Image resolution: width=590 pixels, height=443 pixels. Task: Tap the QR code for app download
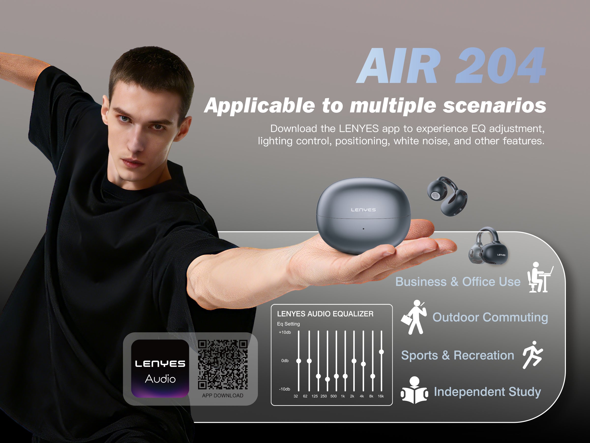(x=223, y=364)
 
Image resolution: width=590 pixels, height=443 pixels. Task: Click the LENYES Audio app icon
(x=160, y=368)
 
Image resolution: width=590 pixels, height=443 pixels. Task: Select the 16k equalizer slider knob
(x=382, y=352)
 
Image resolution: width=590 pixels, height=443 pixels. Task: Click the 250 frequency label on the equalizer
(x=324, y=396)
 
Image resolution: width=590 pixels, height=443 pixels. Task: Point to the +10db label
(x=285, y=332)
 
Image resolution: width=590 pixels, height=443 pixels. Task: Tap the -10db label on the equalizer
(x=284, y=389)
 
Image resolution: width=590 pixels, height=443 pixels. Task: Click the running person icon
(x=532, y=355)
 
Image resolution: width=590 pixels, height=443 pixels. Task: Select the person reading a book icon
(x=414, y=390)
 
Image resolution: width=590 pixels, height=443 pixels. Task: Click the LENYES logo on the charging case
(x=363, y=210)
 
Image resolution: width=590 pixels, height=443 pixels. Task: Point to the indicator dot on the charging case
(x=363, y=229)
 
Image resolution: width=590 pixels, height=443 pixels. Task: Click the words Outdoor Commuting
(x=490, y=317)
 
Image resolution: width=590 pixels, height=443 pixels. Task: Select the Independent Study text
(x=487, y=392)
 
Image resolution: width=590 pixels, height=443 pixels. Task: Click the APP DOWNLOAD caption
(x=223, y=396)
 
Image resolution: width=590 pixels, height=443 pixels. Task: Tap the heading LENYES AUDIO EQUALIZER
(x=325, y=314)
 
